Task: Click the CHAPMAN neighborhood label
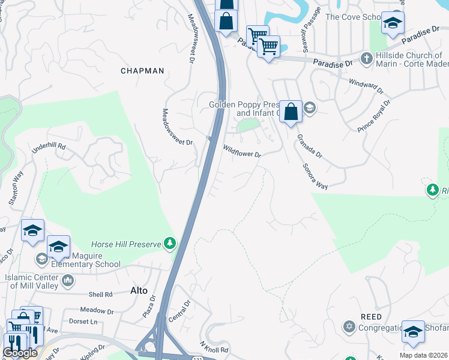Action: pyautogui.click(x=142, y=71)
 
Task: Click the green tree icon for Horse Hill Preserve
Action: pyautogui.click(x=171, y=243)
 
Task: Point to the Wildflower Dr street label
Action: pyautogui.click(x=242, y=150)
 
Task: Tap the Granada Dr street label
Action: pyautogui.click(x=310, y=146)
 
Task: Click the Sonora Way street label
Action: pyautogui.click(x=315, y=176)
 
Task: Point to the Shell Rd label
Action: pyautogui.click(x=100, y=294)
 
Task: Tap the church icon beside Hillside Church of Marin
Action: pyautogui.click(x=366, y=58)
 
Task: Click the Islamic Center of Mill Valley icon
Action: pyautogui.click(x=68, y=280)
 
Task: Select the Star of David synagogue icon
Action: pyautogui.click(x=349, y=327)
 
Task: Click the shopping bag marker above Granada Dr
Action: pyautogui.click(x=291, y=112)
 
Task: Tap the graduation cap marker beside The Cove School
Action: pyautogui.click(x=393, y=23)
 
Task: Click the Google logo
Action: pyautogui.click(x=20, y=353)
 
